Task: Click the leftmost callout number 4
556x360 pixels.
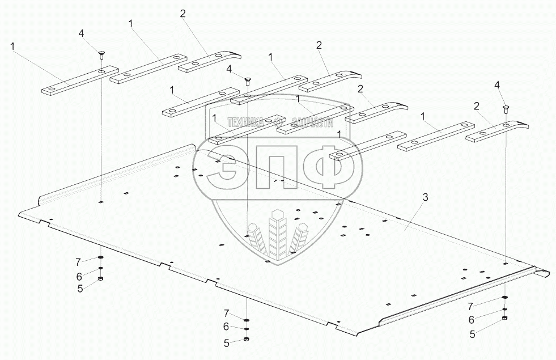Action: click(82, 34)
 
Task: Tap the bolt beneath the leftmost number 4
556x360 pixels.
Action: click(100, 54)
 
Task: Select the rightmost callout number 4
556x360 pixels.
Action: click(497, 84)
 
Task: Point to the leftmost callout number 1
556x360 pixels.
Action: click(12, 45)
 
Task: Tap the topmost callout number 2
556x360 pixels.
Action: click(182, 14)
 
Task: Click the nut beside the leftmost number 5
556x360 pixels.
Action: click(100, 279)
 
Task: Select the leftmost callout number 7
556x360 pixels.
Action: click(79, 261)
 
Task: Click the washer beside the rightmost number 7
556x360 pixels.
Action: click(504, 298)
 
